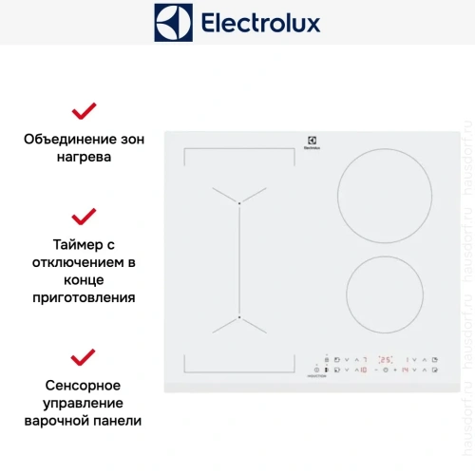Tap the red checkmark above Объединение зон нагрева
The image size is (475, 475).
(x=84, y=110)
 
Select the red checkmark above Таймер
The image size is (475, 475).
(x=84, y=216)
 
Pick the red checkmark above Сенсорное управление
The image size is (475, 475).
(x=84, y=357)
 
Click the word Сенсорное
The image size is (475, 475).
(x=84, y=385)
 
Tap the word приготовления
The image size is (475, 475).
(x=84, y=297)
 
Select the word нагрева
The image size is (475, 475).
(x=84, y=157)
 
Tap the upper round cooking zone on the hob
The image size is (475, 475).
(x=378, y=199)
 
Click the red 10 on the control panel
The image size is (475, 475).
(x=363, y=370)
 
